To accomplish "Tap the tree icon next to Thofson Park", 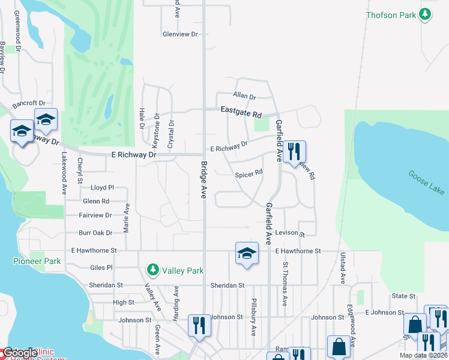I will click(425, 14).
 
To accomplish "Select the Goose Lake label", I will click(427, 182).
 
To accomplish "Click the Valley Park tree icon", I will click(153, 270).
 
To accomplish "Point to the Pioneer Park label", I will click(37, 261).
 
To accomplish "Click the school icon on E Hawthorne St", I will click(247, 253).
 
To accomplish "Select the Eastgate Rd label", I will click(241, 112).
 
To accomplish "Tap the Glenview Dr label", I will click(180, 34).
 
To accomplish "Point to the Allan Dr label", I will click(244, 97).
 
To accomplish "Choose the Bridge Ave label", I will click(204, 180).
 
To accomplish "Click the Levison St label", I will click(291, 233).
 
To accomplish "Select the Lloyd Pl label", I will click(102, 187).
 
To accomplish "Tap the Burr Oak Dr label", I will click(95, 233).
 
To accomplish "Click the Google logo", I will click(20, 353).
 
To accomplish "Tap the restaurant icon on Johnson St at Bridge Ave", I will click(199, 325).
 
